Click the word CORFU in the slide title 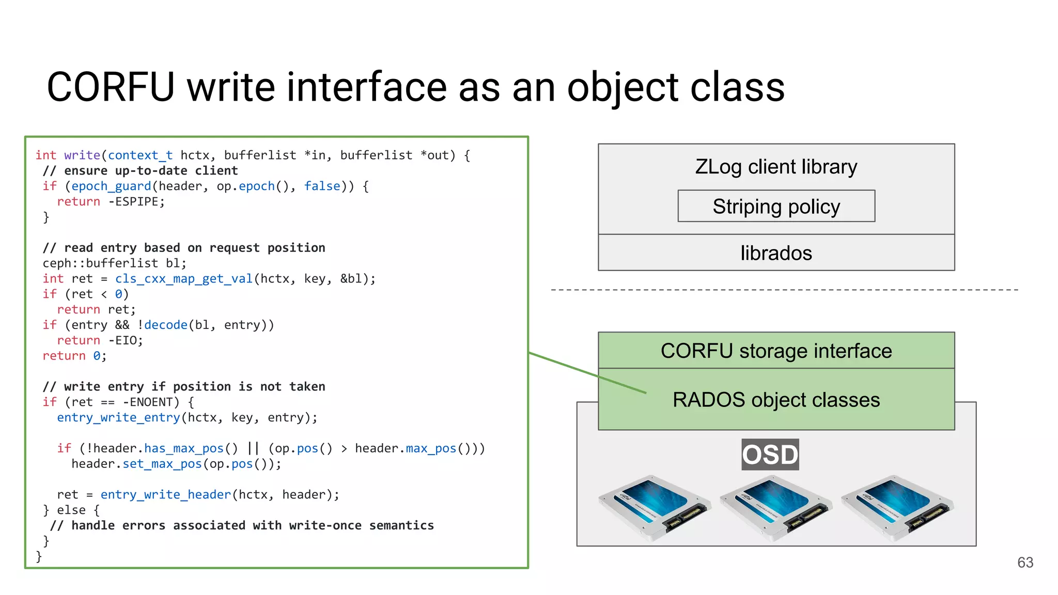click(111, 87)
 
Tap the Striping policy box click(776, 207)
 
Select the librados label click(776, 253)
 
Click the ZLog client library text click(776, 167)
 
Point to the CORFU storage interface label click(776, 351)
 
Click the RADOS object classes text click(776, 400)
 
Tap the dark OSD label click(770, 455)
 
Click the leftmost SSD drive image click(654, 508)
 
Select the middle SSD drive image click(775, 508)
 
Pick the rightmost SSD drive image click(896, 508)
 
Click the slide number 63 click(1025, 562)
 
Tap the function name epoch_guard click(111, 186)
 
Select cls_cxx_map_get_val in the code click(183, 279)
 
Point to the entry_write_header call click(165, 495)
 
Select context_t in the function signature click(140, 155)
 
